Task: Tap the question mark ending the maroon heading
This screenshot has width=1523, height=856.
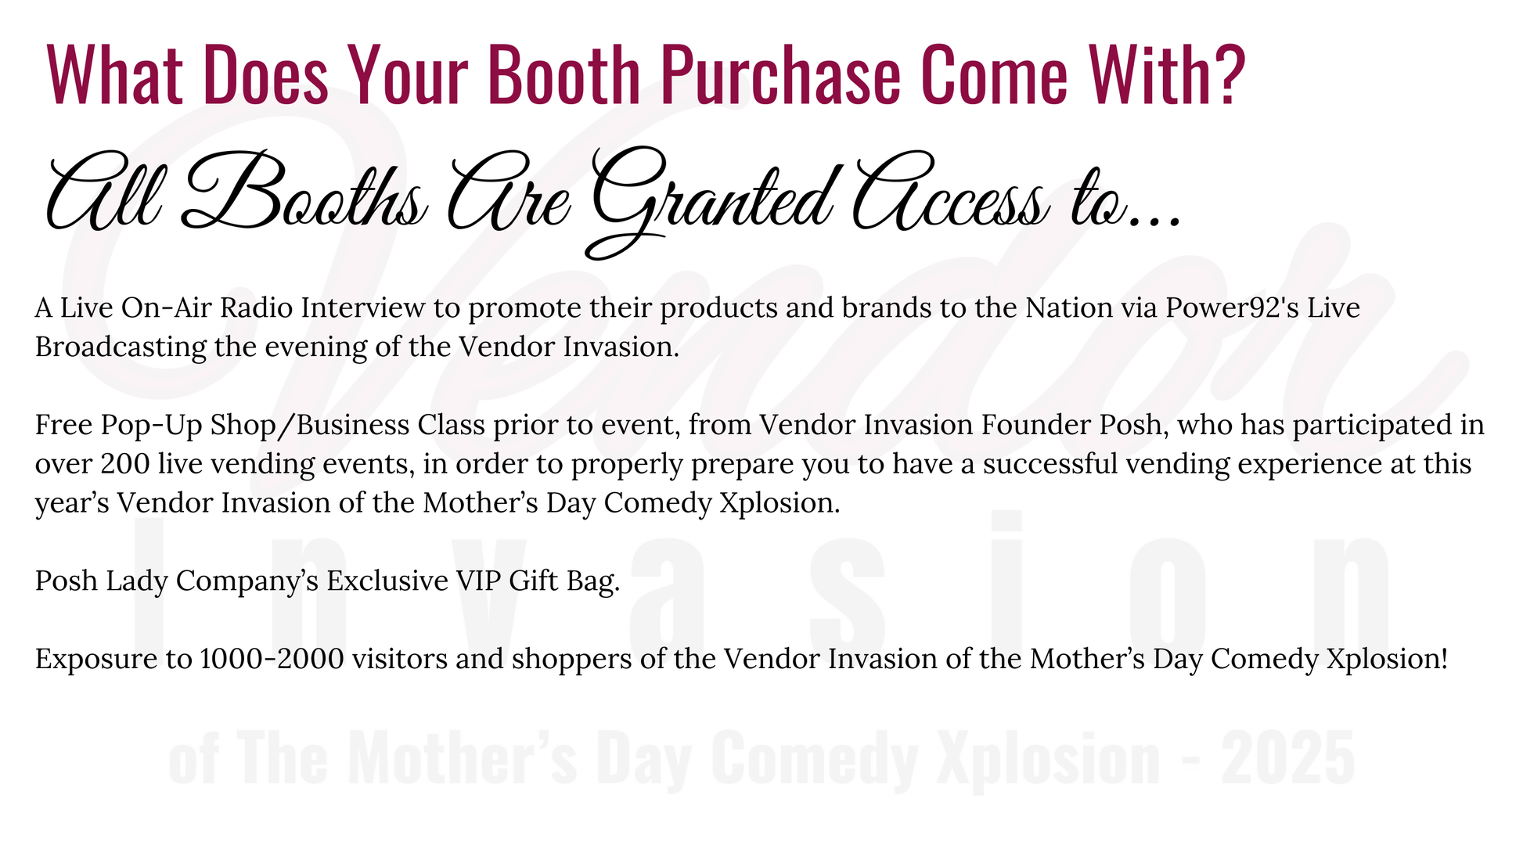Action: coord(1225,74)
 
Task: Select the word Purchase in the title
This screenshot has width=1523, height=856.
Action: coord(780,74)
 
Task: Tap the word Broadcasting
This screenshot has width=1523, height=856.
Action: coord(121,347)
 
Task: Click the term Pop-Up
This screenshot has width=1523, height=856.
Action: coord(142,425)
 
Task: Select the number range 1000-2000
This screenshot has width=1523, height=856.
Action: coord(272,659)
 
